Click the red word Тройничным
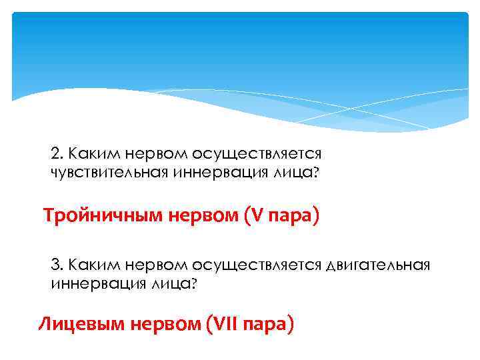point(92,217)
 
